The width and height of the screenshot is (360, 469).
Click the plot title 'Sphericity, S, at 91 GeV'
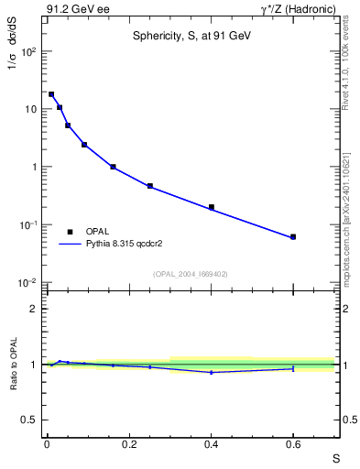191,37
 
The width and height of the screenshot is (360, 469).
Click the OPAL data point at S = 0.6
293,237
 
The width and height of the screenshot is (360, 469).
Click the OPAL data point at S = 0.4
212,207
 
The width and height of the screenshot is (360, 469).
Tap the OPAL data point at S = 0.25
150,186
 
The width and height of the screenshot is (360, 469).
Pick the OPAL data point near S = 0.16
113,167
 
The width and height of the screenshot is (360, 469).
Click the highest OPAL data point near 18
51,94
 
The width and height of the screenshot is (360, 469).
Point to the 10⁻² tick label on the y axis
28,283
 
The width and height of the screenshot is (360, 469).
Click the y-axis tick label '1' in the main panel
34,167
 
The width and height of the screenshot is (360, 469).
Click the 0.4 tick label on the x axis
211,445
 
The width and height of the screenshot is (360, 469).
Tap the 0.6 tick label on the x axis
293,445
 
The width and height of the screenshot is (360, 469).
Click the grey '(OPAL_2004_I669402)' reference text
191,273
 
